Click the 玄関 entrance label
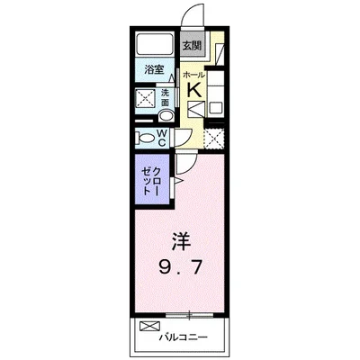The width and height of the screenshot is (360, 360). click(x=192, y=46)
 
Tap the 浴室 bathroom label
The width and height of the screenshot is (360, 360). click(x=154, y=70)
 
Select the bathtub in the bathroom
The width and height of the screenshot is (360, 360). click(x=154, y=44)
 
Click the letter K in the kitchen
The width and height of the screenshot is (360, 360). click(x=194, y=90)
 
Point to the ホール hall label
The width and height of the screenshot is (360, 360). click(x=193, y=75)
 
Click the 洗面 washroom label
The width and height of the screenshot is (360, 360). click(x=166, y=97)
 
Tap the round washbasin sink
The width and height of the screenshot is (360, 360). click(x=166, y=116)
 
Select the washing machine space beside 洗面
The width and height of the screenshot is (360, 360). click(x=146, y=98)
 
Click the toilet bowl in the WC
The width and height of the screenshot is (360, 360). click(x=145, y=139)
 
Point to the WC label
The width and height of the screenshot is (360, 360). click(x=162, y=138)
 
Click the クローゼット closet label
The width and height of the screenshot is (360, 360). click(x=151, y=181)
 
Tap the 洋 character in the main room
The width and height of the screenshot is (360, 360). click(x=181, y=242)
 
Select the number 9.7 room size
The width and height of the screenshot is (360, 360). click(x=180, y=266)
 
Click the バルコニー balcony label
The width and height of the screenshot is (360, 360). click(x=183, y=337)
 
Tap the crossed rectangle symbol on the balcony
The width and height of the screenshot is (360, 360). click(x=150, y=326)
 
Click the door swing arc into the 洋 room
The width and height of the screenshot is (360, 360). click(x=189, y=166)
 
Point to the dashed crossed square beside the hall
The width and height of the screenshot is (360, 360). click(x=213, y=139)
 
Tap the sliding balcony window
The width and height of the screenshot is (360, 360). click(x=190, y=315)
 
